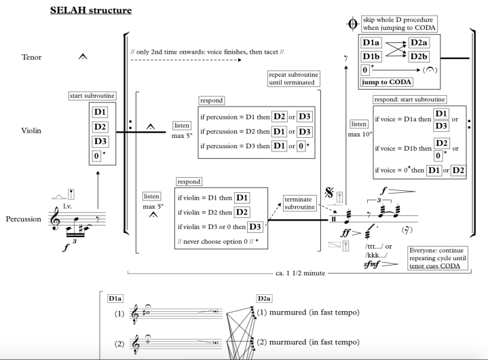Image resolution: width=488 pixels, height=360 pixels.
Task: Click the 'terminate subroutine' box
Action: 300,202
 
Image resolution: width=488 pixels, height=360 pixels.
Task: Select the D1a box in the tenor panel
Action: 371,43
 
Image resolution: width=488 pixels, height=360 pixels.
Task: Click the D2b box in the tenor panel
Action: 419,56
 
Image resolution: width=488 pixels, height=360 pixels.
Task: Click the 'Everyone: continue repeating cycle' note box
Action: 436,257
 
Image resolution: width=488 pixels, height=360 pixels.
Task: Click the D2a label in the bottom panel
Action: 264,298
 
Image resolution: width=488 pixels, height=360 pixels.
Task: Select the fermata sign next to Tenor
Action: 82,58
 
